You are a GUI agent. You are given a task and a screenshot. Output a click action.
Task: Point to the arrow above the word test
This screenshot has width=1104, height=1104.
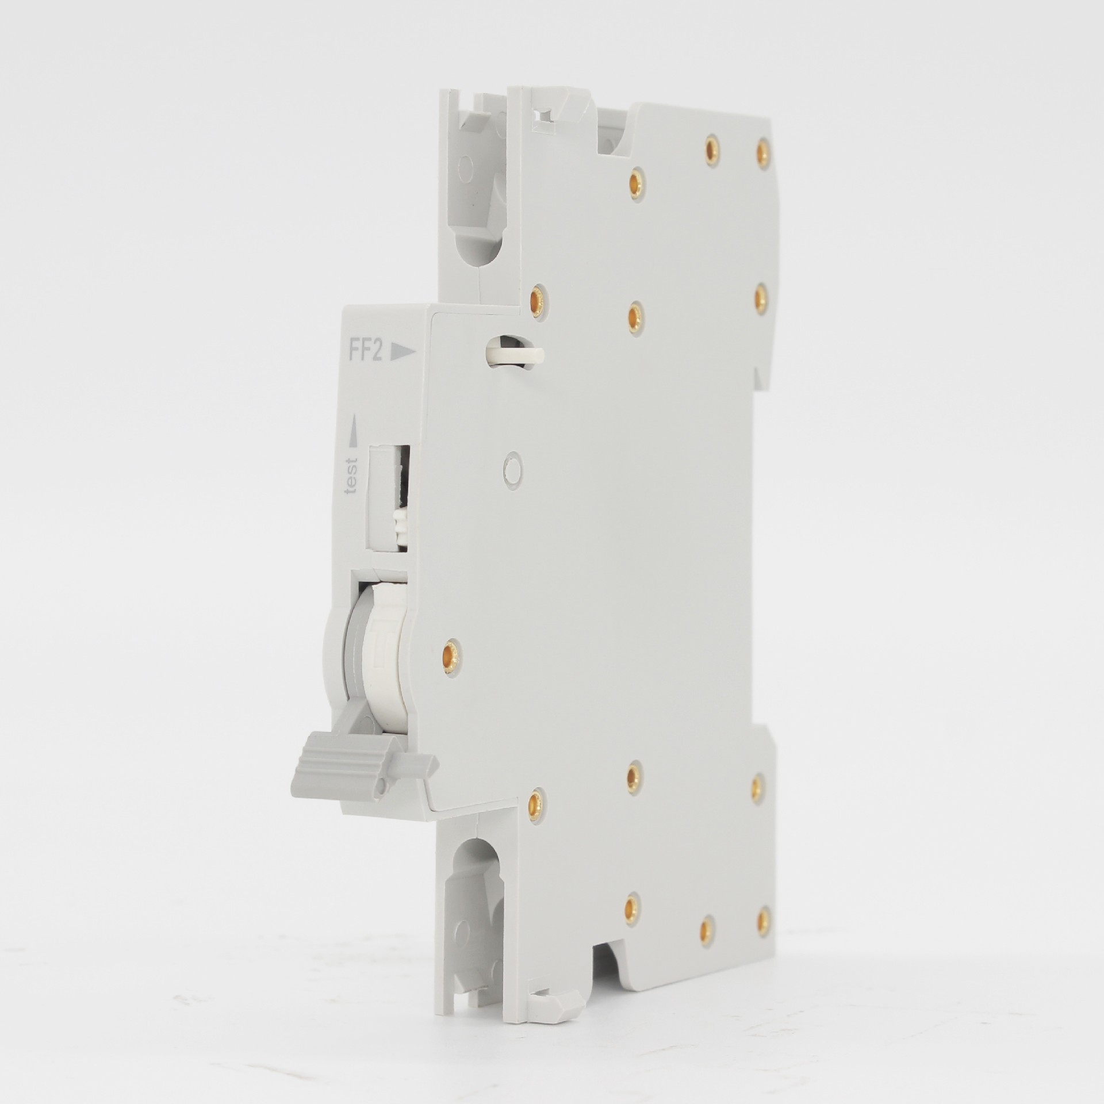pos(352,429)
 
